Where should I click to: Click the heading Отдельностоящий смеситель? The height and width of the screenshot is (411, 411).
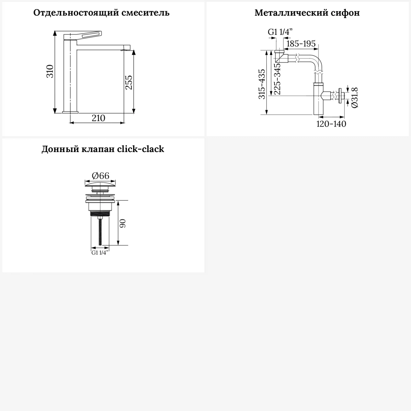[101, 13]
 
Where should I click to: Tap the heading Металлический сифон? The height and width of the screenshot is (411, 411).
[307, 13]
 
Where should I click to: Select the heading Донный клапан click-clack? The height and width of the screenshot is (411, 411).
[103, 149]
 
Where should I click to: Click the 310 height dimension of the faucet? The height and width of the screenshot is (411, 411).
[50, 72]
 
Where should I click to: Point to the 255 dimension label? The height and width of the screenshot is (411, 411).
[129, 82]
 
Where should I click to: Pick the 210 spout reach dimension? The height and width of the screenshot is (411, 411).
[98, 118]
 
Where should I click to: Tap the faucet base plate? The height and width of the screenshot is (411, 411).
[70, 112]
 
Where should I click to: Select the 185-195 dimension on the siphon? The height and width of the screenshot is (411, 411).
[301, 44]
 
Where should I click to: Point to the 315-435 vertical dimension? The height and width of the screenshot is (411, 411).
[262, 84]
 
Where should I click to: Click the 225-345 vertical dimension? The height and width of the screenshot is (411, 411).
[277, 79]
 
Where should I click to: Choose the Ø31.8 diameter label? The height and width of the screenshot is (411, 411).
[355, 97]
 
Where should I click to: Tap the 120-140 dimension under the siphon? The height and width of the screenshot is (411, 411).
[331, 124]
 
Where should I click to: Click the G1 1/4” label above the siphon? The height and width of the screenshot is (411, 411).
[280, 32]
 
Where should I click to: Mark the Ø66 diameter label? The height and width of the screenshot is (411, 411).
[100, 176]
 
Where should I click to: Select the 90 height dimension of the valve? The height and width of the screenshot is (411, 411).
[123, 223]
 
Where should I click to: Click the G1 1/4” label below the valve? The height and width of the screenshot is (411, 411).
[100, 253]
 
